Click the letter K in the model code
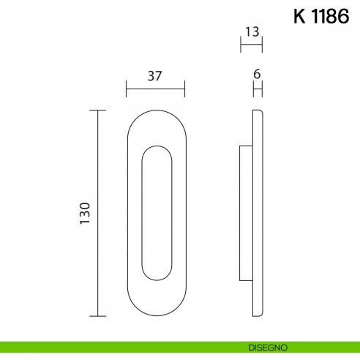(x=300, y=18)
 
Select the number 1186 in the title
(x=330, y=18)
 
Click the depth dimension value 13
(x=251, y=32)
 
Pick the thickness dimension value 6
(x=257, y=75)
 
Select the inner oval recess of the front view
(x=156, y=213)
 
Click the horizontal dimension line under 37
(x=155, y=89)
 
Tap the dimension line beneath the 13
(x=251, y=45)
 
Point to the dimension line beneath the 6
(x=257, y=89)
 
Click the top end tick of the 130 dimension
(x=97, y=110)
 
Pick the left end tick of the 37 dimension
(x=127, y=89)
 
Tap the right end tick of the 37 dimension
(x=184, y=89)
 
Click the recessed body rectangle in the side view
(x=246, y=213)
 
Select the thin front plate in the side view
(x=257, y=213)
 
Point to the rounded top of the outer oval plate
(x=156, y=112)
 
